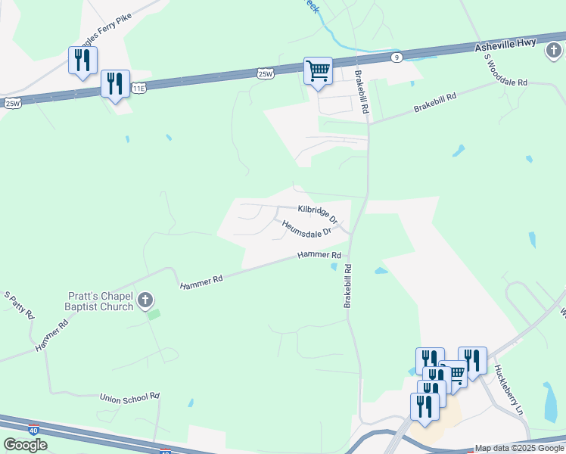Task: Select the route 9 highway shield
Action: pyautogui.click(x=397, y=57)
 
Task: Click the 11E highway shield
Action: pyautogui.click(x=138, y=89)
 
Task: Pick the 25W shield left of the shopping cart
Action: pyautogui.click(x=265, y=73)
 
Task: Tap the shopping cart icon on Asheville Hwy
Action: pyautogui.click(x=318, y=72)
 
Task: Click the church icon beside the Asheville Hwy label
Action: pyautogui.click(x=553, y=50)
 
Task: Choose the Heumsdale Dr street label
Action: pyautogui.click(x=307, y=228)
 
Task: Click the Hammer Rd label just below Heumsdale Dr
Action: pyautogui.click(x=319, y=256)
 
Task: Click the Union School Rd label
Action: pyautogui.click(x=129, y=396)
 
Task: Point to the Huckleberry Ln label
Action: pyautogui.click(x=509, y=389)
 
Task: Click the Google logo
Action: pyautogui.click(x=25, y=444)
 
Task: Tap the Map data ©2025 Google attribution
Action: pyautogui.click(x=519, y=449)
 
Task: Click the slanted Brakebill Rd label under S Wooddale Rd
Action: pyautogui.click(x=436, y=103)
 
